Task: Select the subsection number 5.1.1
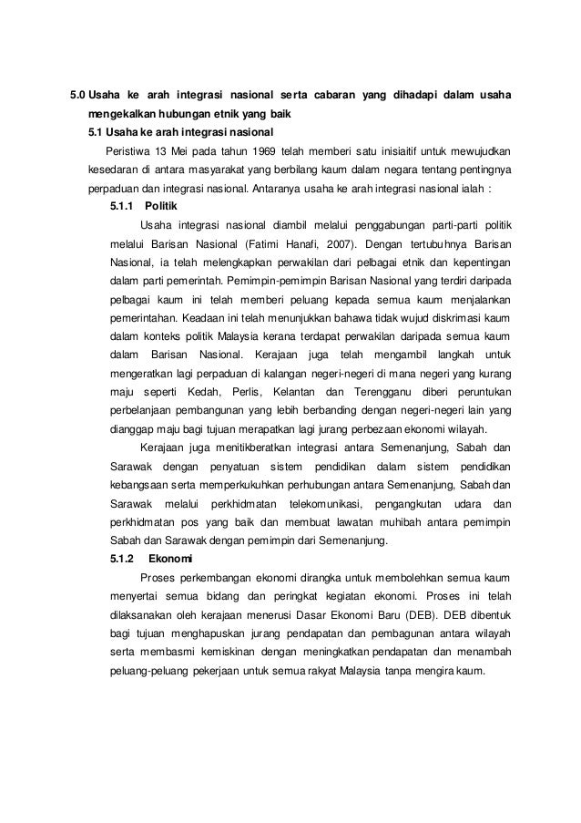pos(121,207)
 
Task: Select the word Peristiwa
pos(127,150)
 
